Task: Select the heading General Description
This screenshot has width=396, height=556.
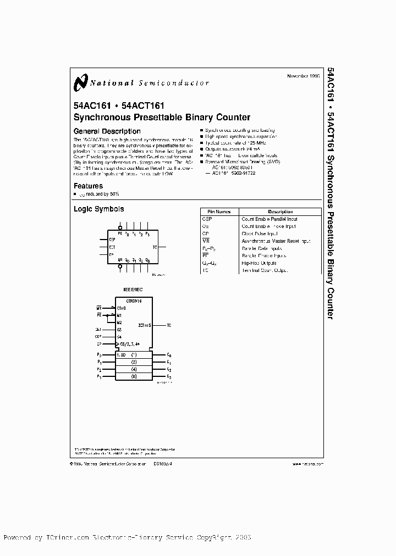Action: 107,131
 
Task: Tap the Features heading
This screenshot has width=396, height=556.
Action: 88,186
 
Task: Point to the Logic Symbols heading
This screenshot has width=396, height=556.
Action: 98,209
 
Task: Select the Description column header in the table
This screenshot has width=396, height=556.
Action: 280,212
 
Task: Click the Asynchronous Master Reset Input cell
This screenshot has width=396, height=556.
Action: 276,241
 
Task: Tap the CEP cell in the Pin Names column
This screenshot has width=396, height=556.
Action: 207,219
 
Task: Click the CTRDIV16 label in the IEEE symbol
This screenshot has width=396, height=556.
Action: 134,302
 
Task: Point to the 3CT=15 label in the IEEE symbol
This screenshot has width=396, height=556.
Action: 145,326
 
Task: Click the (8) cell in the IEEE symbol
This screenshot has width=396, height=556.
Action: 133,376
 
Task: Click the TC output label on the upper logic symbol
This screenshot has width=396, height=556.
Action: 155,247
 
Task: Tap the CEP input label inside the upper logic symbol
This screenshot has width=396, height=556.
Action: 112,240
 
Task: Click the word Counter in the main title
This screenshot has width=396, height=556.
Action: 233,117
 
